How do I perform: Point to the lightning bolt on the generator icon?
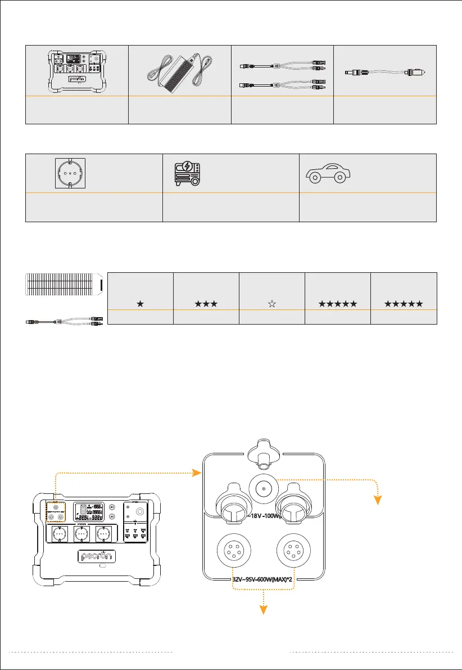tap(186, 167)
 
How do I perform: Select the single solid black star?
tap(139, 304)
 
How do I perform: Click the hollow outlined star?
tap(272, 304)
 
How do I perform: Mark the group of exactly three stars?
tap(206, 304)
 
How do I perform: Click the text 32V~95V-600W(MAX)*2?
tap(264, 578)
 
